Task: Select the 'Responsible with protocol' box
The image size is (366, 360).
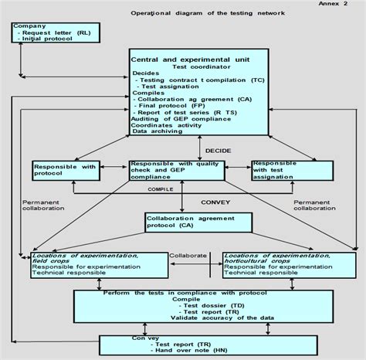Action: pos(64,171)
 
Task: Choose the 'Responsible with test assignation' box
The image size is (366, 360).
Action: pos(283,170)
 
